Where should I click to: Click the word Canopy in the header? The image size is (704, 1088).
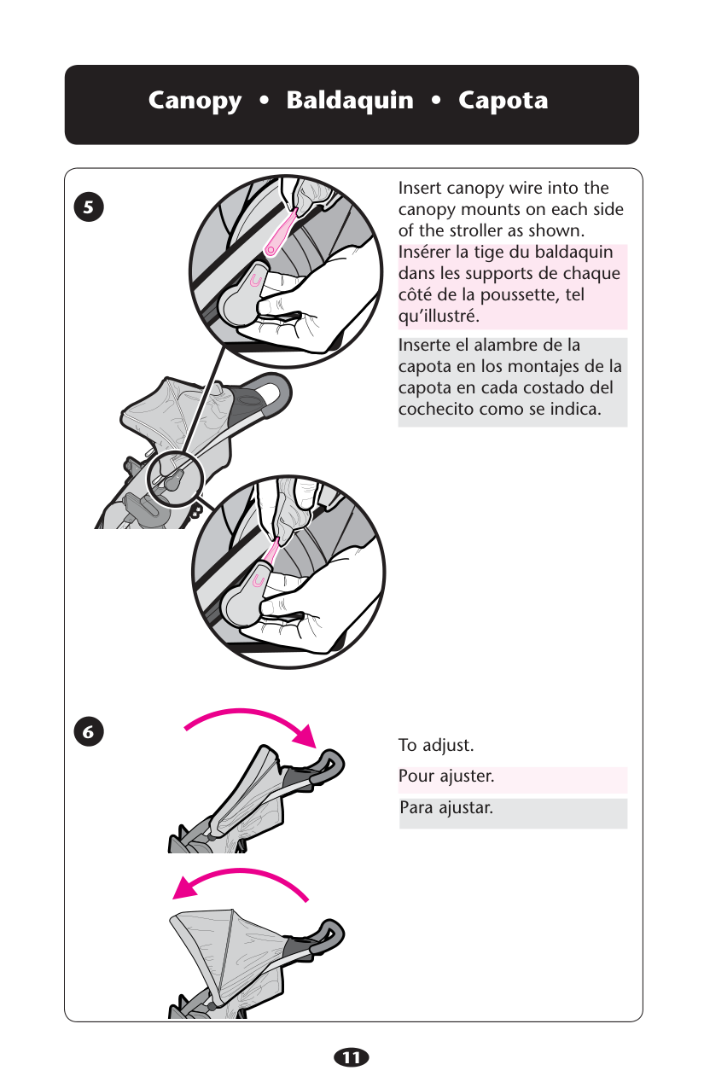click(195, 102)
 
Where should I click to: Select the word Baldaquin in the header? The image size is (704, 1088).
click(350, 100)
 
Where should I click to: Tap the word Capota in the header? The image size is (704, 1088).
click(503, 101)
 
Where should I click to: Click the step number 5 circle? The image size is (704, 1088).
click(89, 207)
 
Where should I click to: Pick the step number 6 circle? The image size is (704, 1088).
click(89, 731)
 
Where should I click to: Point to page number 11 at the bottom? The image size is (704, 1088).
click(352, 1057)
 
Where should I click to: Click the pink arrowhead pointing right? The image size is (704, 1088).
click(305, 735)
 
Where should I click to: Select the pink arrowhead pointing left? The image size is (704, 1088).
click(186, 887)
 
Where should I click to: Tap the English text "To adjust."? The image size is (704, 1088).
click(436, 745)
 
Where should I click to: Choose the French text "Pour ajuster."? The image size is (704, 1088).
click(446, 777)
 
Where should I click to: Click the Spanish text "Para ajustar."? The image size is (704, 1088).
click(446, 808)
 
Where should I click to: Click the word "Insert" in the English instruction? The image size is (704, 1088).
click(419, 188)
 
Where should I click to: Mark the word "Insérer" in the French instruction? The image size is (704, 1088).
click(422, 252)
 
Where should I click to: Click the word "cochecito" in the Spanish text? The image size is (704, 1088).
click(436, 409)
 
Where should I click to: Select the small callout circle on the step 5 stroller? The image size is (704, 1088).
click(174, 479)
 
